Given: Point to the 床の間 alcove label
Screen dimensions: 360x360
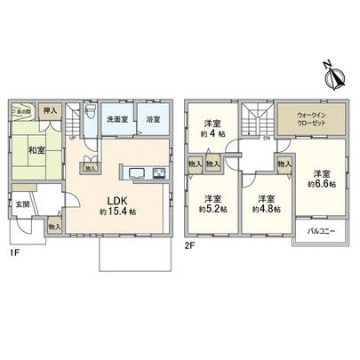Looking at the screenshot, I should click(20, 110).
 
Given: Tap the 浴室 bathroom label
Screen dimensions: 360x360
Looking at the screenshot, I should click(153, 120).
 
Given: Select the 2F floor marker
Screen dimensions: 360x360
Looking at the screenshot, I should click(189, 243).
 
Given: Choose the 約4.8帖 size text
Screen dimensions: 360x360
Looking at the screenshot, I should click(264, 208).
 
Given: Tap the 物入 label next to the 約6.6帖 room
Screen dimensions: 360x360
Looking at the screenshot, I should click(284, 164).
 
